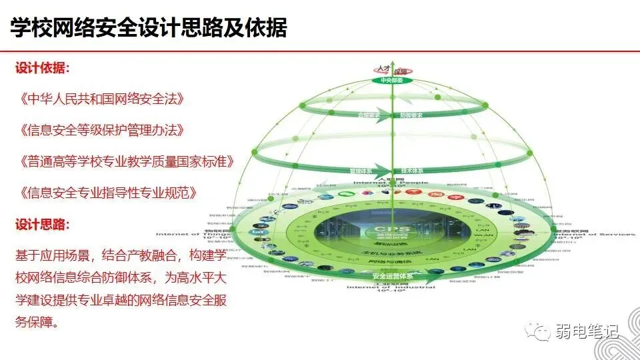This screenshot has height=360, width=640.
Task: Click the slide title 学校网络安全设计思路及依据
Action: (x=149, y=28)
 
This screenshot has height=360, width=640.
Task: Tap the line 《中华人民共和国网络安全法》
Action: (x=101, y=99)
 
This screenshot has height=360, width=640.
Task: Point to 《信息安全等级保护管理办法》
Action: (x=101, y=130)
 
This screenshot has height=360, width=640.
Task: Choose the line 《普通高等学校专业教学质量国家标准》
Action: (x=127, y=162)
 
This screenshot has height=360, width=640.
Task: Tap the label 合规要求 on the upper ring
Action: (x=368, y=115)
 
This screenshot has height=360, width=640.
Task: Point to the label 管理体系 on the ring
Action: (x=360, y=171)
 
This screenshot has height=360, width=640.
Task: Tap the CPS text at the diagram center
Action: (x=392, y=227)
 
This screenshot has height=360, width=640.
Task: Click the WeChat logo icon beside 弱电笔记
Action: (x=539, y=331)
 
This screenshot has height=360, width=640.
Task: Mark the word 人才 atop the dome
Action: (x=382, y=68)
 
